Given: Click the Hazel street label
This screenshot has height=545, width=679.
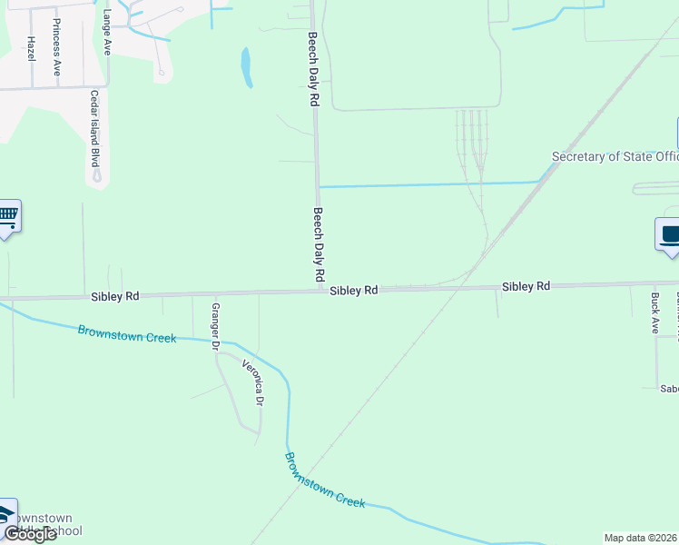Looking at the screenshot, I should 30,49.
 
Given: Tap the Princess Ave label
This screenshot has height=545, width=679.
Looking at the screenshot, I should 56,45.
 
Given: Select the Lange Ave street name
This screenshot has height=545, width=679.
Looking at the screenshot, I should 107,33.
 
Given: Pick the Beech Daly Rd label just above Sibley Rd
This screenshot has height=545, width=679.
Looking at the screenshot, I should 319,243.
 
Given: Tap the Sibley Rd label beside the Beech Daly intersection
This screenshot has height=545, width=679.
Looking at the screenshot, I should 353,291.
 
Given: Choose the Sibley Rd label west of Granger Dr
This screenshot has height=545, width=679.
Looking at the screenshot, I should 114,296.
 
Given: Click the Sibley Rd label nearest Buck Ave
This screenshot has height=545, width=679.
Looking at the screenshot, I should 526,286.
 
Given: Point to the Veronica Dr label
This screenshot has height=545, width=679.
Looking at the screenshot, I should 253,382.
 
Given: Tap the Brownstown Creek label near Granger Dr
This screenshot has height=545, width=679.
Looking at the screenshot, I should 126,333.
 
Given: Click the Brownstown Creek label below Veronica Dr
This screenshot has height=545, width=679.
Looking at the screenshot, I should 324,481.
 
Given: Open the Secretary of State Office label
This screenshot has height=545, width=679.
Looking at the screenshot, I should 615,156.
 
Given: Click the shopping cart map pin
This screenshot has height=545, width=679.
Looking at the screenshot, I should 8,216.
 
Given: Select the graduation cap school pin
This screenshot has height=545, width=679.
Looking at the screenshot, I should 6,513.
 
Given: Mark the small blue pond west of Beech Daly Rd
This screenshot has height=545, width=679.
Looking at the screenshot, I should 246,68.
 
